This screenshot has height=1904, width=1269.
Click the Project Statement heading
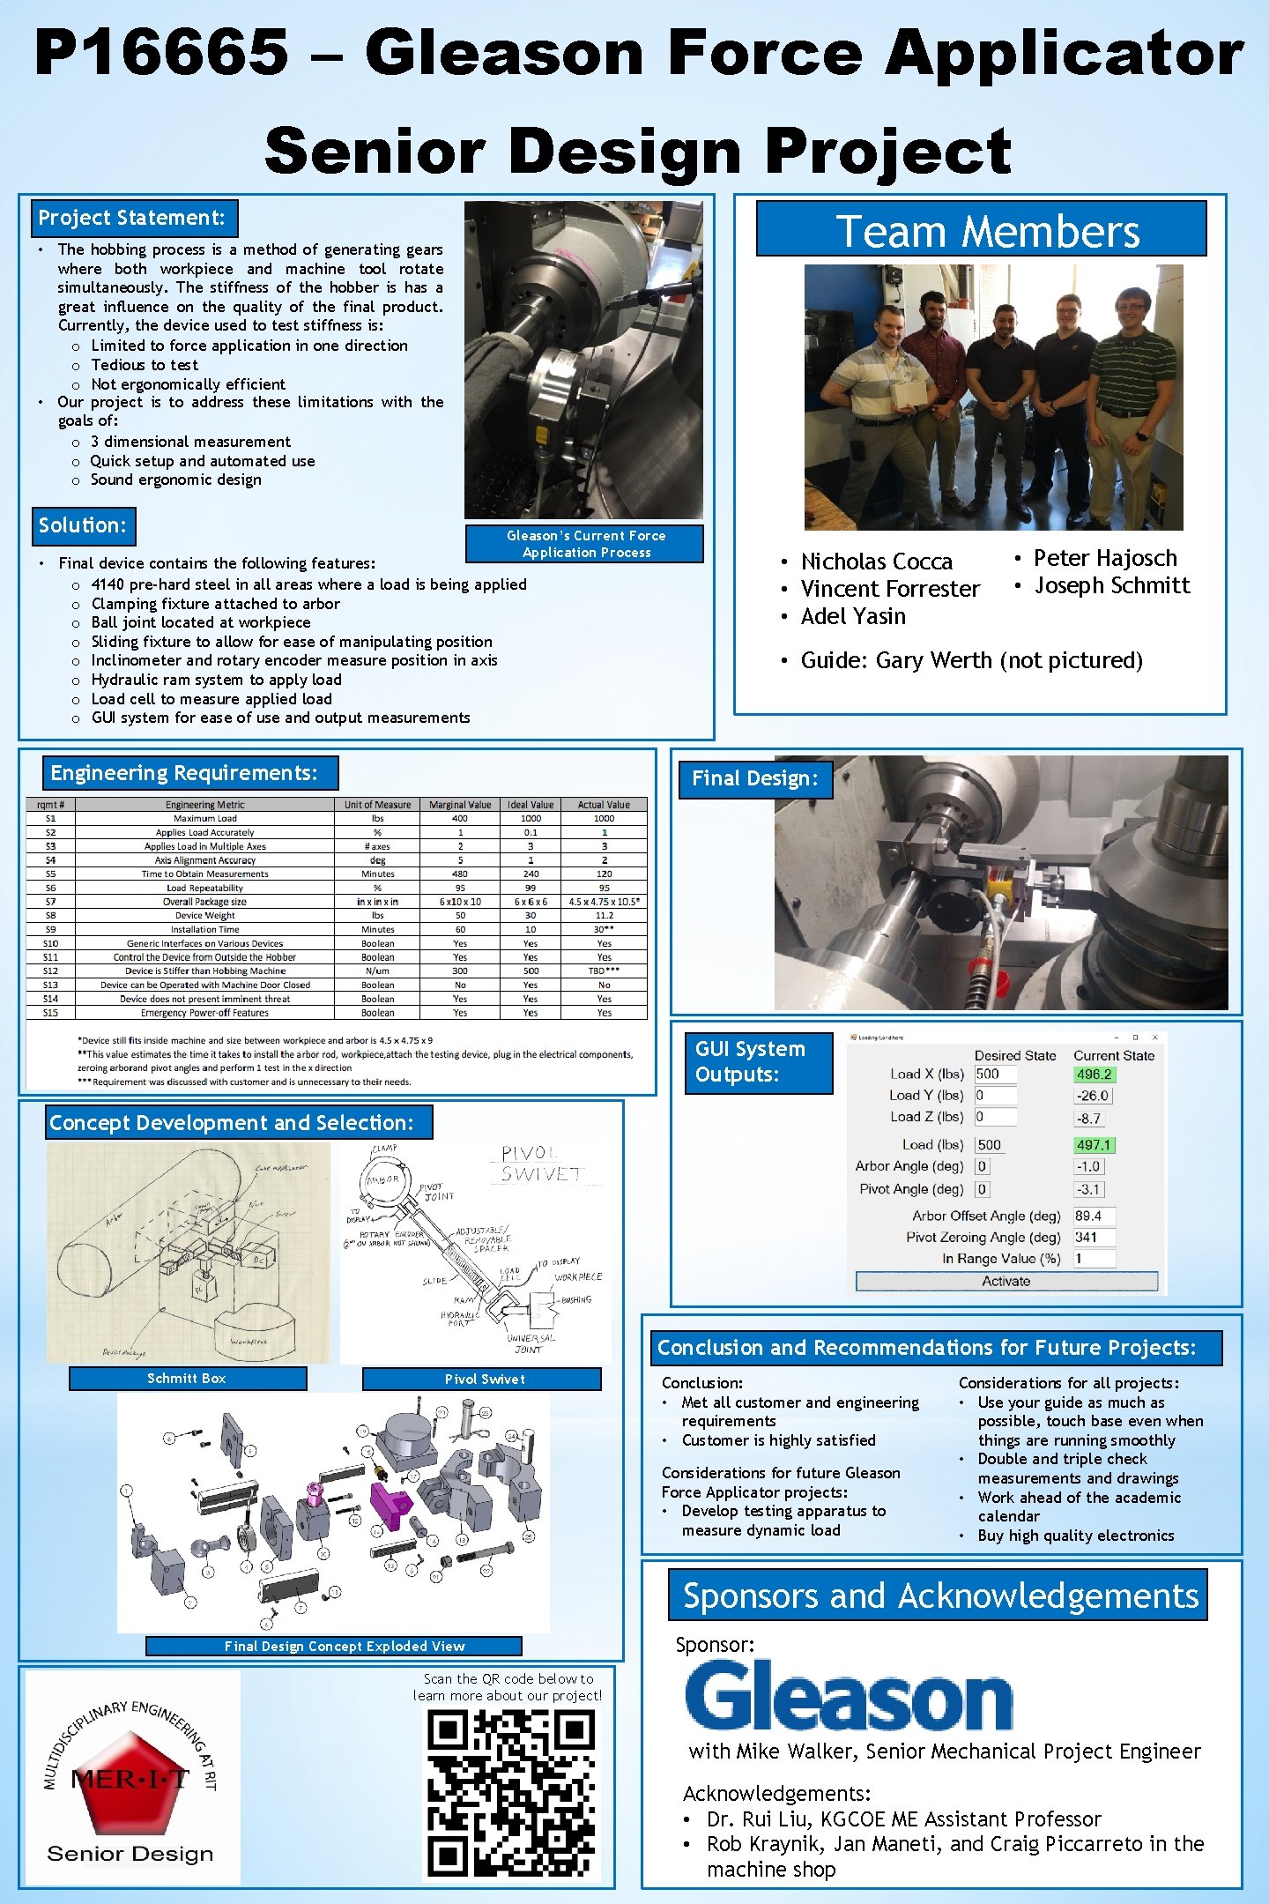132,218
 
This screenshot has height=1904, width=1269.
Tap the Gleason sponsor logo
848,1695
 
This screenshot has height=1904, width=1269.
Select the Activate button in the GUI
1006,1282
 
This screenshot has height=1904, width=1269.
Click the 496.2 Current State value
1094,1075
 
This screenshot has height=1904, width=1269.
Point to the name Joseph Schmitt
1111,586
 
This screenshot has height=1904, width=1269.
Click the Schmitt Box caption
187,1379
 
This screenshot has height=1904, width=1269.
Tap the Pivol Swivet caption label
483,1380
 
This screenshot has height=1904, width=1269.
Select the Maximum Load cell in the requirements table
204,818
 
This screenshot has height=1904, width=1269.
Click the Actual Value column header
604,804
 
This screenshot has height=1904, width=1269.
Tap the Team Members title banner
981,231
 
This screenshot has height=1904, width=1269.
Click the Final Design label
754,778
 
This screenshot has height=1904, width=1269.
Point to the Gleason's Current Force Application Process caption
586,544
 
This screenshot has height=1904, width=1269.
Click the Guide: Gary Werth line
971,661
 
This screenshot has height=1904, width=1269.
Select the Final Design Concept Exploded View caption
344,1646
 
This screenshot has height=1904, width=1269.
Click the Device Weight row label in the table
204,915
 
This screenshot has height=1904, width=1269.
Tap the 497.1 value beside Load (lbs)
1094,1145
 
